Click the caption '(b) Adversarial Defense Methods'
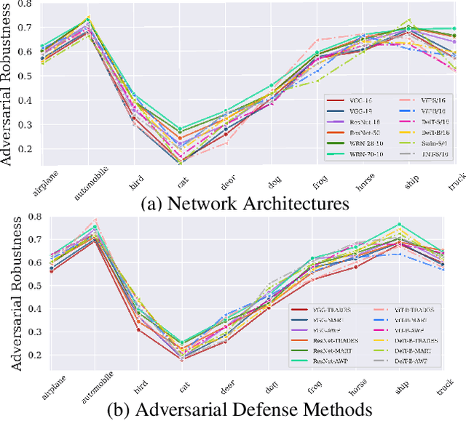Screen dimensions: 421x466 point(240,409)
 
